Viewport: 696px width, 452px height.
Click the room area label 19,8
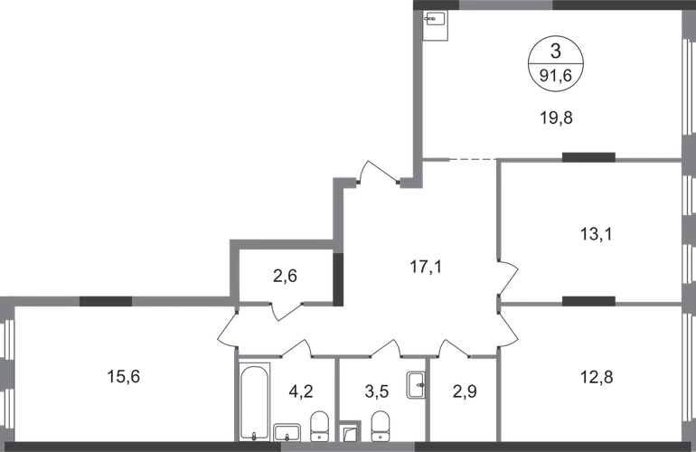[556, 118]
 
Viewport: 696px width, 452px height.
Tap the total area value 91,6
[555, 76]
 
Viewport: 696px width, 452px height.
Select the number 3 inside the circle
[556, 51]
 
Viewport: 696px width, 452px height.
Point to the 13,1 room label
[597, 233]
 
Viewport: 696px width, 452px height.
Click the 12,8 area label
[597, 377]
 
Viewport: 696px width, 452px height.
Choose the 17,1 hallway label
[426, 267]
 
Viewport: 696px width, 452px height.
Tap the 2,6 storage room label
[285, 277]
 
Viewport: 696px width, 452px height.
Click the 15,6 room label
[124, 377]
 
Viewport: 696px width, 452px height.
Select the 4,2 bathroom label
[301, 391]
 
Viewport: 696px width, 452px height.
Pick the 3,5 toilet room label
[377, 391]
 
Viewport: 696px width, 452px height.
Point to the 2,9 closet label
[465, 391]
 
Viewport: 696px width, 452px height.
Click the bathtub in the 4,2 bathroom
[254, 402]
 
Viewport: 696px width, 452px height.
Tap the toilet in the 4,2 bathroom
[319, 427]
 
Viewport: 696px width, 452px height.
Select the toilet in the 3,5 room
[380, 427]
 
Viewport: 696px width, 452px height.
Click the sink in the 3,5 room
[416, 385]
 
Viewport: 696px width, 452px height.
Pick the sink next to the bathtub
[287, 432]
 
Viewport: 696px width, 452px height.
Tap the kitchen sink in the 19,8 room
[436, 25]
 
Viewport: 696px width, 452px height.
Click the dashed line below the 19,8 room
[473, 159]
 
